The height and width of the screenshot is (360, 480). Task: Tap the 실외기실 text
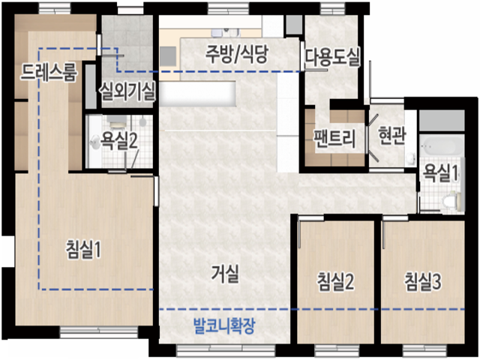pos(127,92)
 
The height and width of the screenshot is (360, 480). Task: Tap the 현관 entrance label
pos(392,136)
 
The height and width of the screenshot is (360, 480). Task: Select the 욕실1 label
pos(440,173)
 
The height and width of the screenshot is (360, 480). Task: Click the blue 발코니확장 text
pos(224,326)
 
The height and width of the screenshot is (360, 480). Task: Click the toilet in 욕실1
pos(451,200)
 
